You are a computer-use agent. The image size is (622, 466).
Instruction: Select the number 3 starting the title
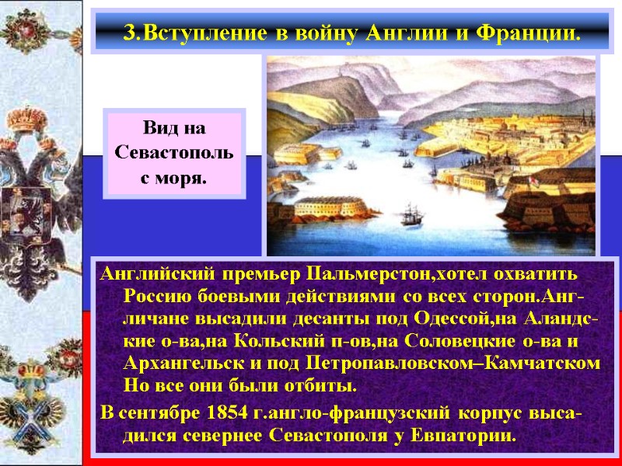pos(129,34)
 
